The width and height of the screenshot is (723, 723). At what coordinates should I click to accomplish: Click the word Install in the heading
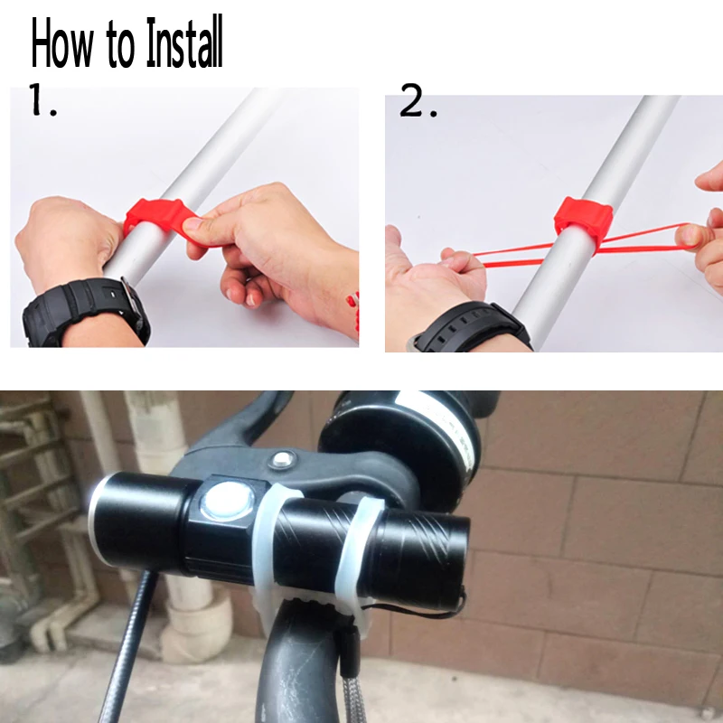tap(184, 42)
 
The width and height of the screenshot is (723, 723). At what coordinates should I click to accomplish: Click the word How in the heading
tap(62, 42)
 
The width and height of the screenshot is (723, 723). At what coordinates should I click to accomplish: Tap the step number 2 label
tap(418, 100)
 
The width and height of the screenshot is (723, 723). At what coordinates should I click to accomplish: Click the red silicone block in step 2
tap(583, 221)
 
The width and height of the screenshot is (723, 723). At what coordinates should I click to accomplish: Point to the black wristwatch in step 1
tap(85, 310)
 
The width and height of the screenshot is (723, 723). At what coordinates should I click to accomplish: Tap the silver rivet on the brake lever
tap(282, 459)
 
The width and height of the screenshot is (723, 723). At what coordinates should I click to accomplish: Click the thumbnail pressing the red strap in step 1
tap(192, 224)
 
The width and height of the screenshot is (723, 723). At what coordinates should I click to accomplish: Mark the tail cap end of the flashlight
tap(456, 560)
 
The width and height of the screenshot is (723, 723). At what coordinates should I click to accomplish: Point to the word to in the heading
tap(121, 44)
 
